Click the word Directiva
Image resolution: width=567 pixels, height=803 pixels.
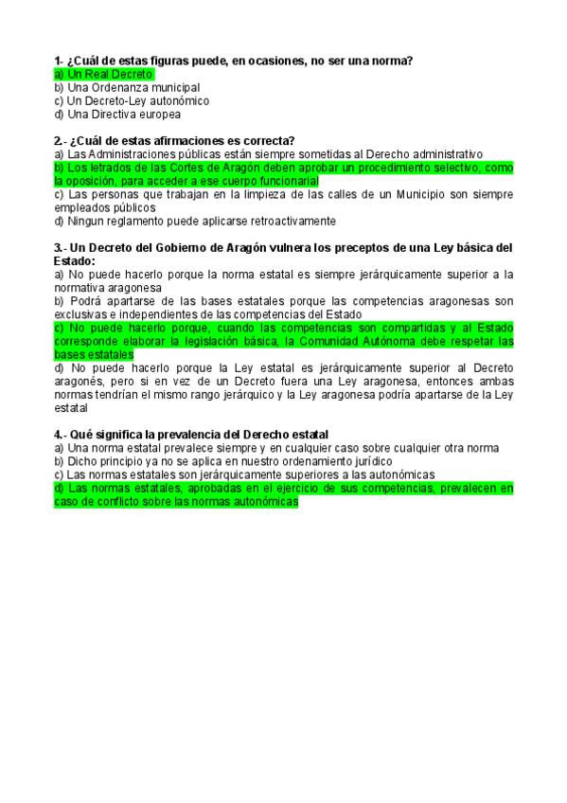click(x=117, y=114)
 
